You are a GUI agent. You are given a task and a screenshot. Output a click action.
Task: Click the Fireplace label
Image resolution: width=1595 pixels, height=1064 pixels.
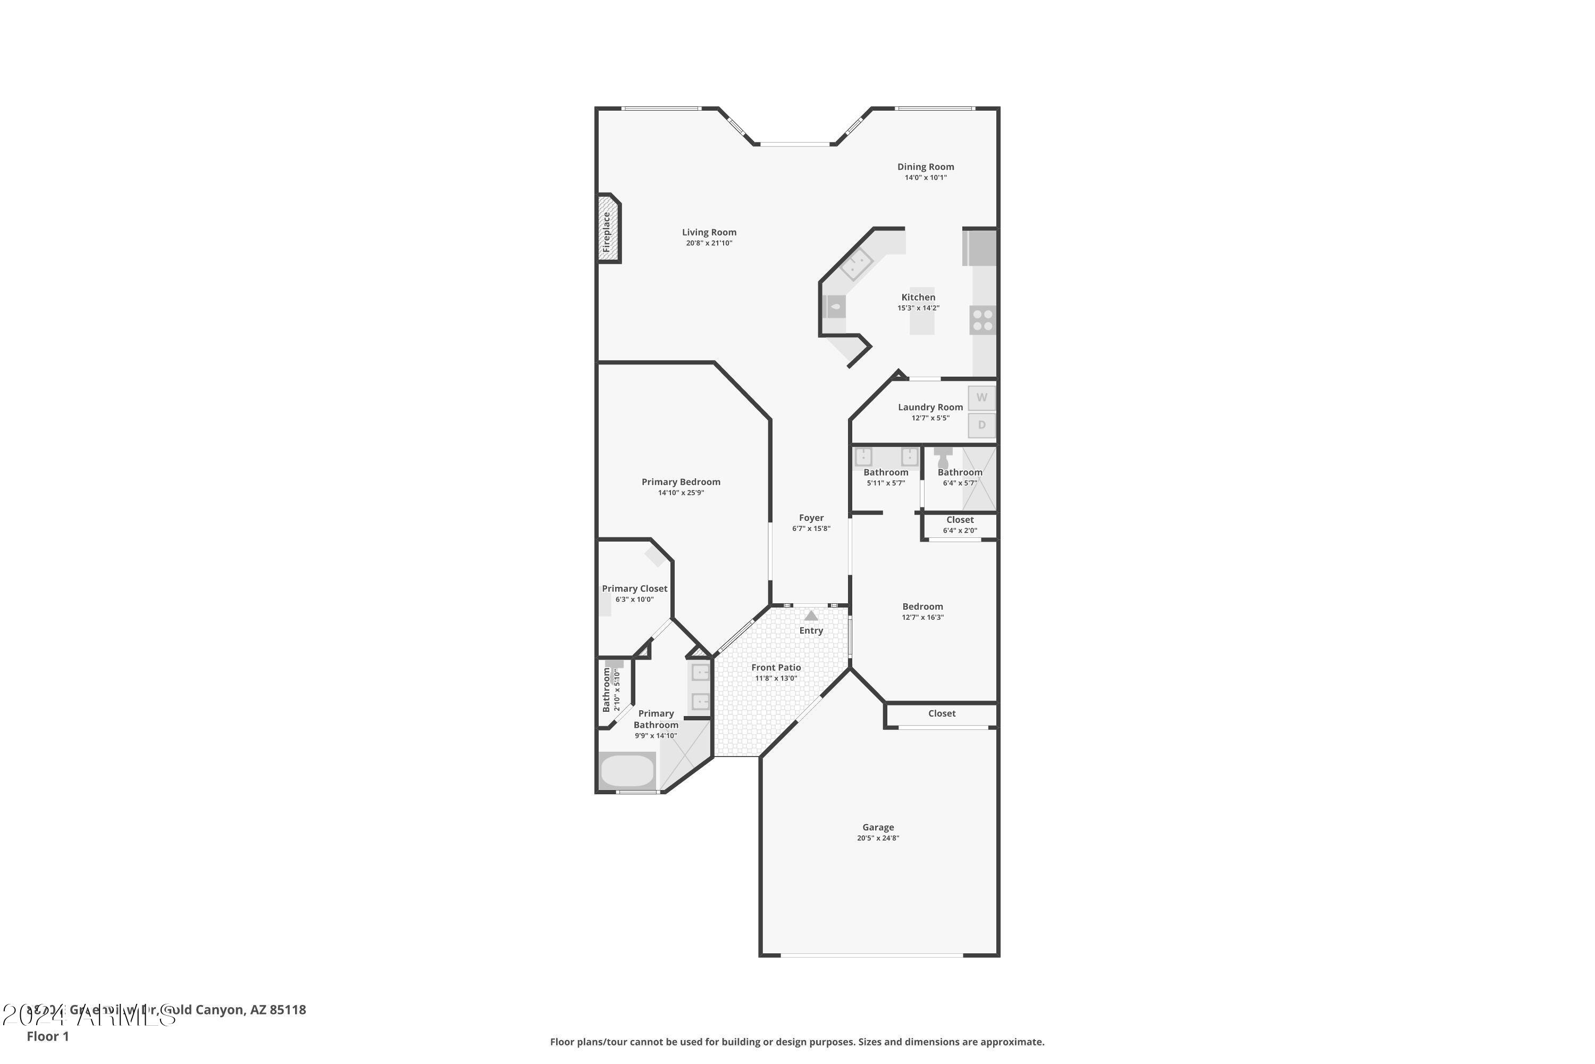606,232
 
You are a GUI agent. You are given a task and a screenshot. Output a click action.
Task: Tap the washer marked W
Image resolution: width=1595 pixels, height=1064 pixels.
981,397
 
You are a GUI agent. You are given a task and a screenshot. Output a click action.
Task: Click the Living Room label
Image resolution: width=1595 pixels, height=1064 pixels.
709,232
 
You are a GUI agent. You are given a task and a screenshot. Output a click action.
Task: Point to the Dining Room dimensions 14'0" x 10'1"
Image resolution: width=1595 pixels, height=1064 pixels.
925,178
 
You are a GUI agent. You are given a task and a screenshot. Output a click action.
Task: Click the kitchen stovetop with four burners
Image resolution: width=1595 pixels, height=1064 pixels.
983,320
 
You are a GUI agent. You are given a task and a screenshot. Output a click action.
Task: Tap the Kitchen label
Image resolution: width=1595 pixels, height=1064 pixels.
918,297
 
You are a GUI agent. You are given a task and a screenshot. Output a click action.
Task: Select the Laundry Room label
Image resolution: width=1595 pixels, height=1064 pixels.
930,407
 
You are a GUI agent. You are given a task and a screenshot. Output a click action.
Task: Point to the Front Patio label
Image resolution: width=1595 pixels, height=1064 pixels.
776,668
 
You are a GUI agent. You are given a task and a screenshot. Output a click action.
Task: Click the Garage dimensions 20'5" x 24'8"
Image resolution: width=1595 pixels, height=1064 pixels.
878,838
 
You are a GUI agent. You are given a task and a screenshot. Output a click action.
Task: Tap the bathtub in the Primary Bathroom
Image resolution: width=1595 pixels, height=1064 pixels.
627,771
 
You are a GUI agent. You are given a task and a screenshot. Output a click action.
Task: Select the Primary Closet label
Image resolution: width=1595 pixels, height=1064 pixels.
634,589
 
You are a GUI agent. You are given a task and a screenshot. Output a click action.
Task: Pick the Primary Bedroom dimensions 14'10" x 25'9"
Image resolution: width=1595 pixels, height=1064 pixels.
681,493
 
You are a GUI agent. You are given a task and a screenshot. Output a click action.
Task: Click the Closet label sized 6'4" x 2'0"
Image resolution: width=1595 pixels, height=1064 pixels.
960,520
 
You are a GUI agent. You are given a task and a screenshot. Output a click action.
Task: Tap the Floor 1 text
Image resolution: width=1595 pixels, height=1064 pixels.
47,1036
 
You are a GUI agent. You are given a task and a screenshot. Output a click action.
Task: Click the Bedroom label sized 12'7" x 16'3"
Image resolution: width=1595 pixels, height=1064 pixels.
922,606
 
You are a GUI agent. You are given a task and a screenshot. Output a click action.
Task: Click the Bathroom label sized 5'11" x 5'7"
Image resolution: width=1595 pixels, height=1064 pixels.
886,473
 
